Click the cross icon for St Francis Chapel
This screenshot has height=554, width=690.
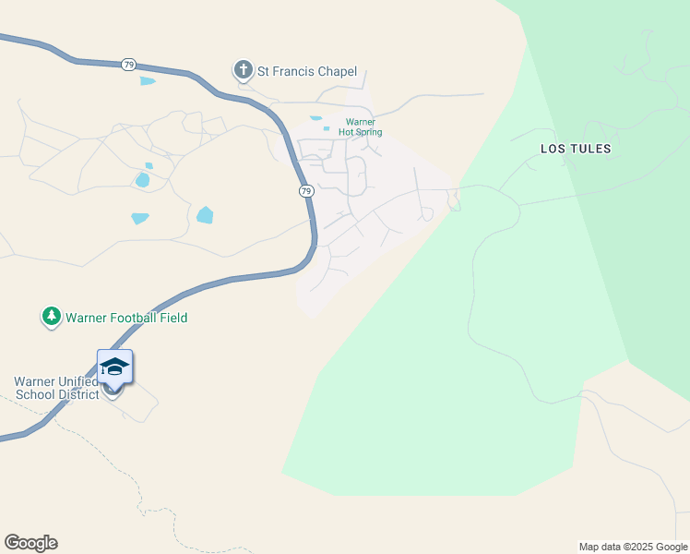[243, 70]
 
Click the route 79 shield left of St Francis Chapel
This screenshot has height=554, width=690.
[128, 65]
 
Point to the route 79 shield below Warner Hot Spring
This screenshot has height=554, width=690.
[306, 190]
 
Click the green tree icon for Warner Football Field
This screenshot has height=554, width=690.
[51, 318]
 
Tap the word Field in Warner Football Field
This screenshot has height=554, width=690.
[172, 318]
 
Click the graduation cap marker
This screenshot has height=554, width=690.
[114, 367]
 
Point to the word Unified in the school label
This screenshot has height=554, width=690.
[77, 381]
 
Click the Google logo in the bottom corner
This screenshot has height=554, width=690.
[30, 543]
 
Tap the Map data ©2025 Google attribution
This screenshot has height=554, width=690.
[633, 547]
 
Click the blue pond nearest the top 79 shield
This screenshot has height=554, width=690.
[148, 81]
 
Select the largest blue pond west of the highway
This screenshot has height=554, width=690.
[205, 215]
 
